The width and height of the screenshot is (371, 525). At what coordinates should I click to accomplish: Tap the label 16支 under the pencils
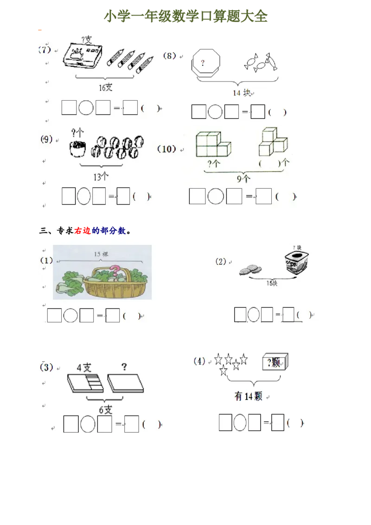[105, 87]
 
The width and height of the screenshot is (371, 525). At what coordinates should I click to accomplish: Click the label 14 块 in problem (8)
[242, 93]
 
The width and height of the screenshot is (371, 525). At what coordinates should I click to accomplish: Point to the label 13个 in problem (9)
[101, 176]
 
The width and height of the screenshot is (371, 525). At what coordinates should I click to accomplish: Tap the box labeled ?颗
[275, 363]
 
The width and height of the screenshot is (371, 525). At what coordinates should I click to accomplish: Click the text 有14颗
[248, 397]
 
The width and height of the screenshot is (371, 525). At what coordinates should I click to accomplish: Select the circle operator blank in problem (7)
[86, 108]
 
